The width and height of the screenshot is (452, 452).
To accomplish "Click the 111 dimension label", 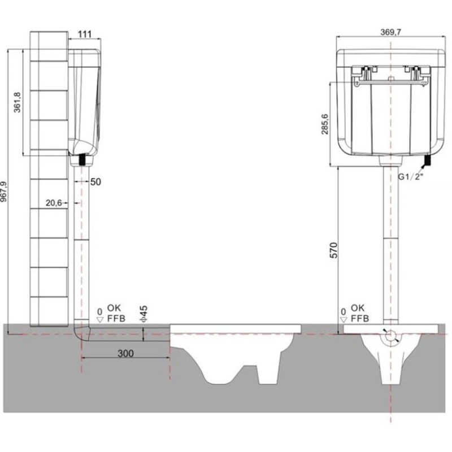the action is click(85, 34).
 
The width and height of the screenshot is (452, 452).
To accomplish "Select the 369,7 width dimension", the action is click(390, 32).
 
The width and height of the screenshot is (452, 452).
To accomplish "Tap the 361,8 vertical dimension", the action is click(18, 102).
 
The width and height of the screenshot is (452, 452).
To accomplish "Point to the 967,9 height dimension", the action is click(3, 192).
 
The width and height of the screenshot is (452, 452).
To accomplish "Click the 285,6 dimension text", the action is click(325, 124).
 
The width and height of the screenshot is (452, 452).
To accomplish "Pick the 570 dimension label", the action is click(333, 250).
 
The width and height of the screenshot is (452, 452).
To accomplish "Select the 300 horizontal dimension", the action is click(125, 353).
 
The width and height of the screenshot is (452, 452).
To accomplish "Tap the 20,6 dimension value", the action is click(54, 203).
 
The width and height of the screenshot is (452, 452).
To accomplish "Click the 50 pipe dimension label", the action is click(95, 182).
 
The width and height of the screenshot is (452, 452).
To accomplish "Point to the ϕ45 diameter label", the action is click(144, 314).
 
